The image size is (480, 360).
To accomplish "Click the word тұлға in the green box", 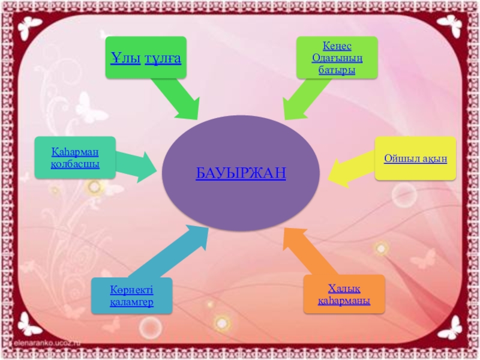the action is (163, 58).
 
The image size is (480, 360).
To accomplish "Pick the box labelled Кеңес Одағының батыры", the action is (337, 57).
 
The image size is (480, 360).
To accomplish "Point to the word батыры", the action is (337, 70).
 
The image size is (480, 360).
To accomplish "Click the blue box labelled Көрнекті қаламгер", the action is (131, 296).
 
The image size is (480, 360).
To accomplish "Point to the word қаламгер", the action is (131, 302).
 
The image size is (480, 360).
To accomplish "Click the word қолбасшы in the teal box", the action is (75, 164).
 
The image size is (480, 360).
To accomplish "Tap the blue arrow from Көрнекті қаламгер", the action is (171, 252).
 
